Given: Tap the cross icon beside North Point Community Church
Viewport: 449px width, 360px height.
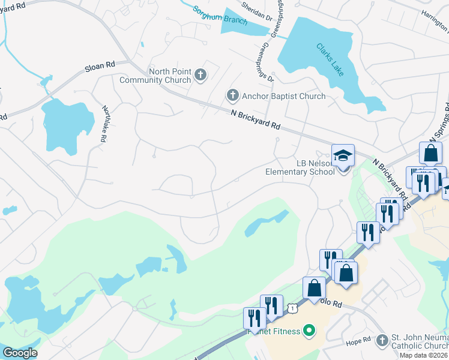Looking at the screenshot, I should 201,75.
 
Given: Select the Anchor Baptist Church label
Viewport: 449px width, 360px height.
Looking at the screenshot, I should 283,96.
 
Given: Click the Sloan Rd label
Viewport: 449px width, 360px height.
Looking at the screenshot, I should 100,66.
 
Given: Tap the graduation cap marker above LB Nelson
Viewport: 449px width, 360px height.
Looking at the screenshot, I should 343,155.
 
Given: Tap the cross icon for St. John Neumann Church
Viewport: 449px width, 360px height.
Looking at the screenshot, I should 382,341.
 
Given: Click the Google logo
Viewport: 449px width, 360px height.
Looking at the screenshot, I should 19,353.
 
